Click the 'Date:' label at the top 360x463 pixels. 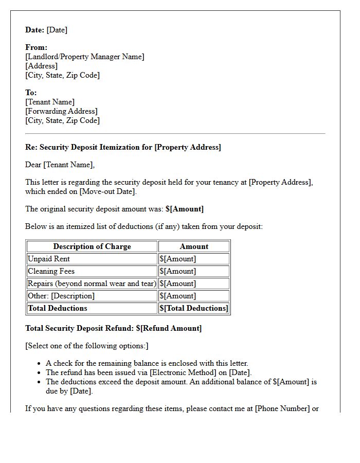tap(34, 30)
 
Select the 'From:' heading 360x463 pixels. tap(36, 47)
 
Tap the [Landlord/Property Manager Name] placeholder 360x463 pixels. tap(85, 57)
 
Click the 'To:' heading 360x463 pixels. tap(31, 93)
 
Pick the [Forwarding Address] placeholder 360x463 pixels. tap(61, 111)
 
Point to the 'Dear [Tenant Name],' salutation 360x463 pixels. tap(60, 165)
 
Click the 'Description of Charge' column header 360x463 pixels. tap(92, 246)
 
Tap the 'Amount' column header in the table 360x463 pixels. tap(194, 246)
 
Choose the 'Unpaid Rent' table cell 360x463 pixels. tap(49, 259)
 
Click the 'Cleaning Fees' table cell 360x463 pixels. tap(51, 271)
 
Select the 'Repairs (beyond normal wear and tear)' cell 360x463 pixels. tap(92, 283)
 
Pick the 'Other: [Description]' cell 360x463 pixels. tap(61, 296)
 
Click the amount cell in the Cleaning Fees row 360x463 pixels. tap(178, 271)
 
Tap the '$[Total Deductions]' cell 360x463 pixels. tap(193, 308)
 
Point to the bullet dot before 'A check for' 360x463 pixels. tap(39, 364)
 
